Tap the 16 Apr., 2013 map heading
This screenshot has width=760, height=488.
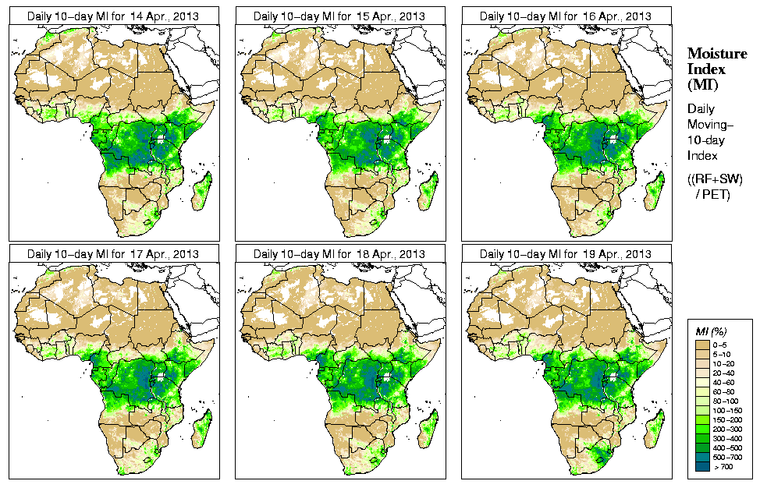coord(565,16)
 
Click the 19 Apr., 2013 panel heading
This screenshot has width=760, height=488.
coord(565,254)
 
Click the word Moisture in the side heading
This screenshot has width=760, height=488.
coord(716,53)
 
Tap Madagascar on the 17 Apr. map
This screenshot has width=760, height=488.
coord(201,431)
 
